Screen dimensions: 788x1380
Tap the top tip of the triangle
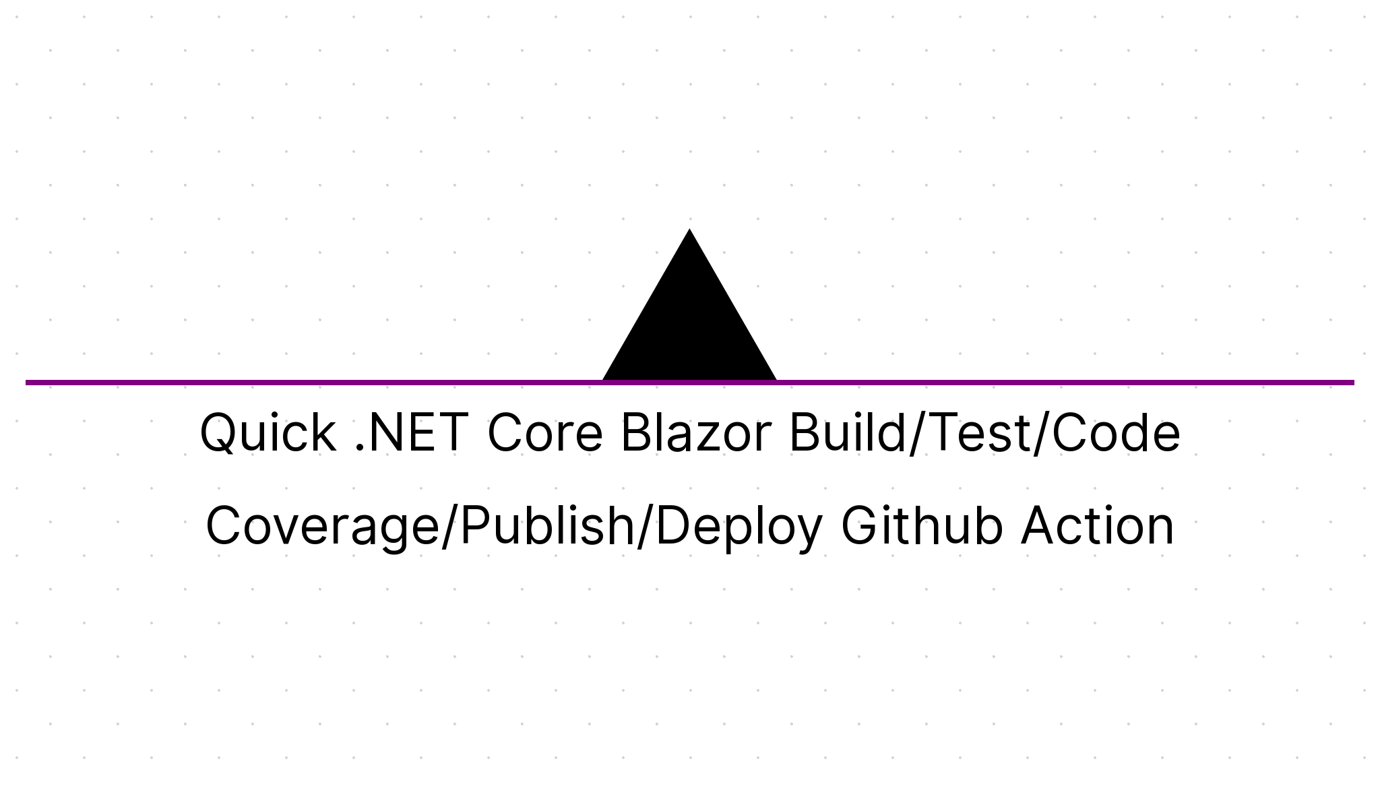(689, 232)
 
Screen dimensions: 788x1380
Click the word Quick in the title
(268, 433)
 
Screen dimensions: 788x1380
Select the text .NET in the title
(411, 433)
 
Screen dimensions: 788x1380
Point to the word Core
(544, 433)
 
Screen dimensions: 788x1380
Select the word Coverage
(322, 526)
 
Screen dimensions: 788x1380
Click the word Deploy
(738, 526)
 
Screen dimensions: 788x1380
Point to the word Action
(1098, 526)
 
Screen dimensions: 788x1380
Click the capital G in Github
(860, 526)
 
